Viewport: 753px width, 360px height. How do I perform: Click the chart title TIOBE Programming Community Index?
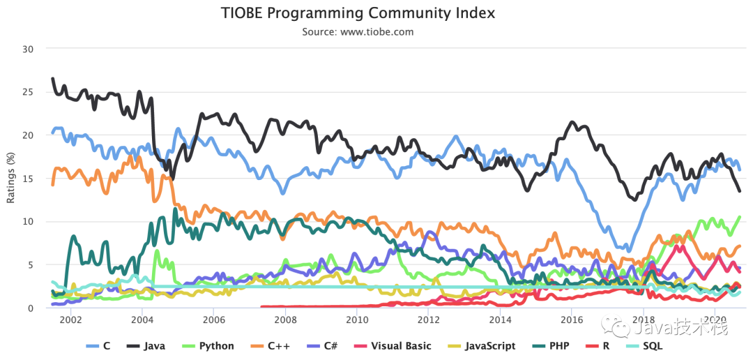358,13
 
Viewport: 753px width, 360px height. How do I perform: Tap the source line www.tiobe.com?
358,32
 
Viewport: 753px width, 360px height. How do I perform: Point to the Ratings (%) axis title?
10,177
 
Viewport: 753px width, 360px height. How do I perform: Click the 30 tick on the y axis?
28,49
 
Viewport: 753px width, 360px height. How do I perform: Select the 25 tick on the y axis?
28,92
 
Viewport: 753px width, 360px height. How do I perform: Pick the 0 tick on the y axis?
31,308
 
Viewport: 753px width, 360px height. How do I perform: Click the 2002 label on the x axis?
70,320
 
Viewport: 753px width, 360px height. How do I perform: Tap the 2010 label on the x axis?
356,320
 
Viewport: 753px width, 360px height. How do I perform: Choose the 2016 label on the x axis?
571,320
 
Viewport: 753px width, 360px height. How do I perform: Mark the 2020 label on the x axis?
714,320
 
